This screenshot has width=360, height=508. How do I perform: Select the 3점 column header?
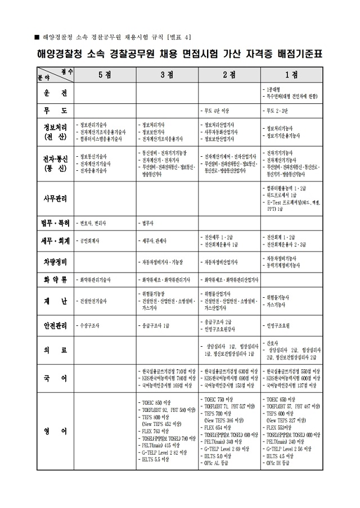[x=166, y=75]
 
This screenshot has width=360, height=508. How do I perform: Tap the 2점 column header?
[x=229, y=75]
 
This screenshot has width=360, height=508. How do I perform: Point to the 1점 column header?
[x=291, y=75]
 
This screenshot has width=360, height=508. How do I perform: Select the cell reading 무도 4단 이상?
[x=217, y=111]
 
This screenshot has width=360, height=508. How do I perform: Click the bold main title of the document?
[x=179, y=55]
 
